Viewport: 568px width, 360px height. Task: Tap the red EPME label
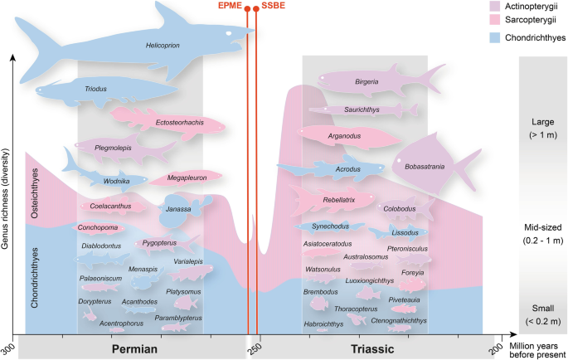(x=230, y=7)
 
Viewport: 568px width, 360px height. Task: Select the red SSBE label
(x=272, y=7)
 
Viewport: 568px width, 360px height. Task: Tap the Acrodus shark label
(x=347, y=169)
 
